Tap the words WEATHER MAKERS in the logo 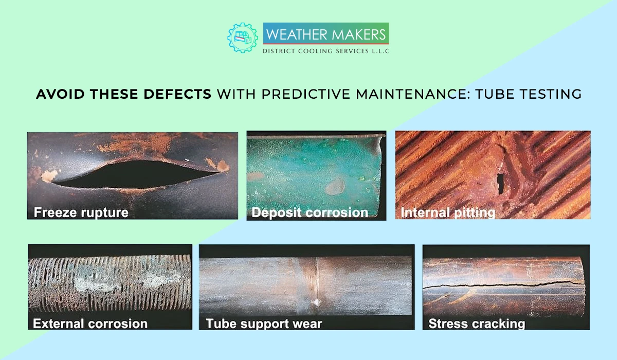click(x=325, y=34)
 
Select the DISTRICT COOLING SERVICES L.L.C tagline click(x=325, y=51)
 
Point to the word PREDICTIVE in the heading click(x=300, y=94)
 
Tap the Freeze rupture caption click(x=81, y=212)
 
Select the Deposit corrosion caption click(x=310, y=212)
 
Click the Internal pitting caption click(x=448, y=212)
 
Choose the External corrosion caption click(x=90, y=323)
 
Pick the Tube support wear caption click(x=264, y=323)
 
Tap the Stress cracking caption click(x=477, y=323)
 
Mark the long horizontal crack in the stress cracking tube click(x=504, y=284)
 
